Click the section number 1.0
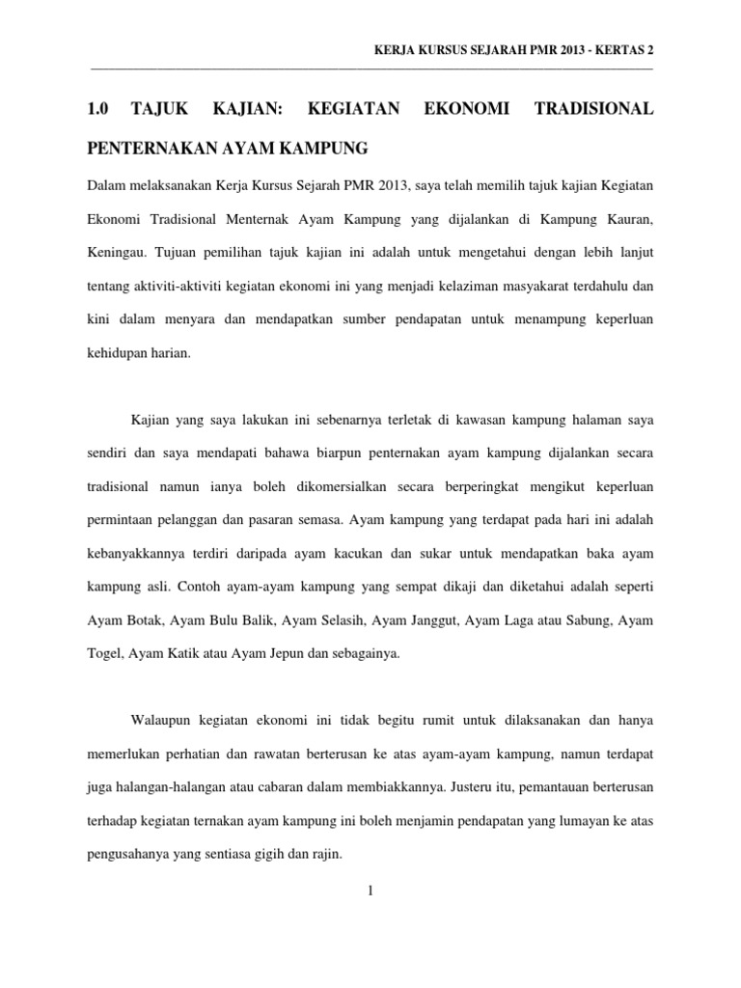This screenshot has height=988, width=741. click(97, 111)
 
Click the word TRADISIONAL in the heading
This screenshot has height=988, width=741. click(593, 111)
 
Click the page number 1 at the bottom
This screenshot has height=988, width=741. click(370, 890)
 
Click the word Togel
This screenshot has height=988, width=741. click(105, 653)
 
